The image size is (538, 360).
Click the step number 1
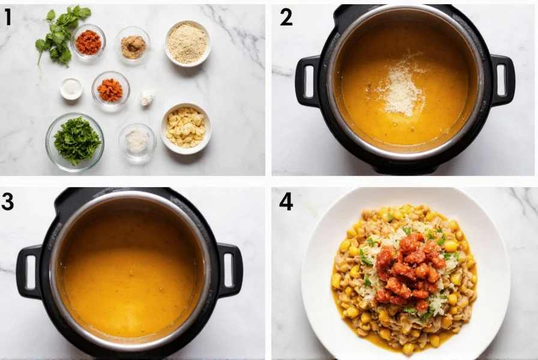coord(8,17)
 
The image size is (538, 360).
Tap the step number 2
coord(286,17)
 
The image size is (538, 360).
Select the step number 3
coord(8,201)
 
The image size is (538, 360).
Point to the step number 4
coord(286,201)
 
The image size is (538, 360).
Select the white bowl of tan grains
coord(187,43)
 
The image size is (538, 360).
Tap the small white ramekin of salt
coord(71,89)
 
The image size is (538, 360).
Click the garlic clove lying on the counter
coord(147,98)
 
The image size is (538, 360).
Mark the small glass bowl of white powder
coord(137,142)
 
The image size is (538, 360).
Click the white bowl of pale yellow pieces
coord(186,127)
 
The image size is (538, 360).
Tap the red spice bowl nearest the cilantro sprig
coord(88,42)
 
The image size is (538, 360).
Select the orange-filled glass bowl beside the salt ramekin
coord(110,90)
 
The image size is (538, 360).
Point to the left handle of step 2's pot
coord(307,81)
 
